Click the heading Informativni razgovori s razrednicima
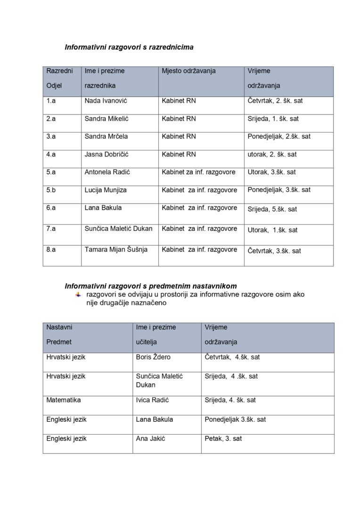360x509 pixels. (x=129, y=47)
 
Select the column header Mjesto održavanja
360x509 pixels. (x=188, y=71)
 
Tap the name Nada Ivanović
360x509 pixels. (x=106, y=101)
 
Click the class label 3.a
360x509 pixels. (x=51, y=137)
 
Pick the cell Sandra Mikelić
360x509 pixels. (x=106, y=119)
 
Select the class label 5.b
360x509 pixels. (x=51, y=190)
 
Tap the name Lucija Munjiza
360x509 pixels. (x=106, y=190)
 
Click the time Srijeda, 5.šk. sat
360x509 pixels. (x=272, y=209)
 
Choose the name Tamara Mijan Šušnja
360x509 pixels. (x=116, y=250)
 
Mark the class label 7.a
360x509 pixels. (x=51, y=229)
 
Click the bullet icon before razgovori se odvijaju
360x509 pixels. (x=78, y=295)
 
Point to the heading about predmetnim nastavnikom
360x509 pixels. (x=150, y=286)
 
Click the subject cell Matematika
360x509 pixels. (x=64, y=400)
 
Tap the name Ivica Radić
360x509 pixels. (x=152, y=400)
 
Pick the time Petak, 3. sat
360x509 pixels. (x=223, y=439)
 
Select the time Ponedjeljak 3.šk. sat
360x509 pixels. (x=235, y=419)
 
